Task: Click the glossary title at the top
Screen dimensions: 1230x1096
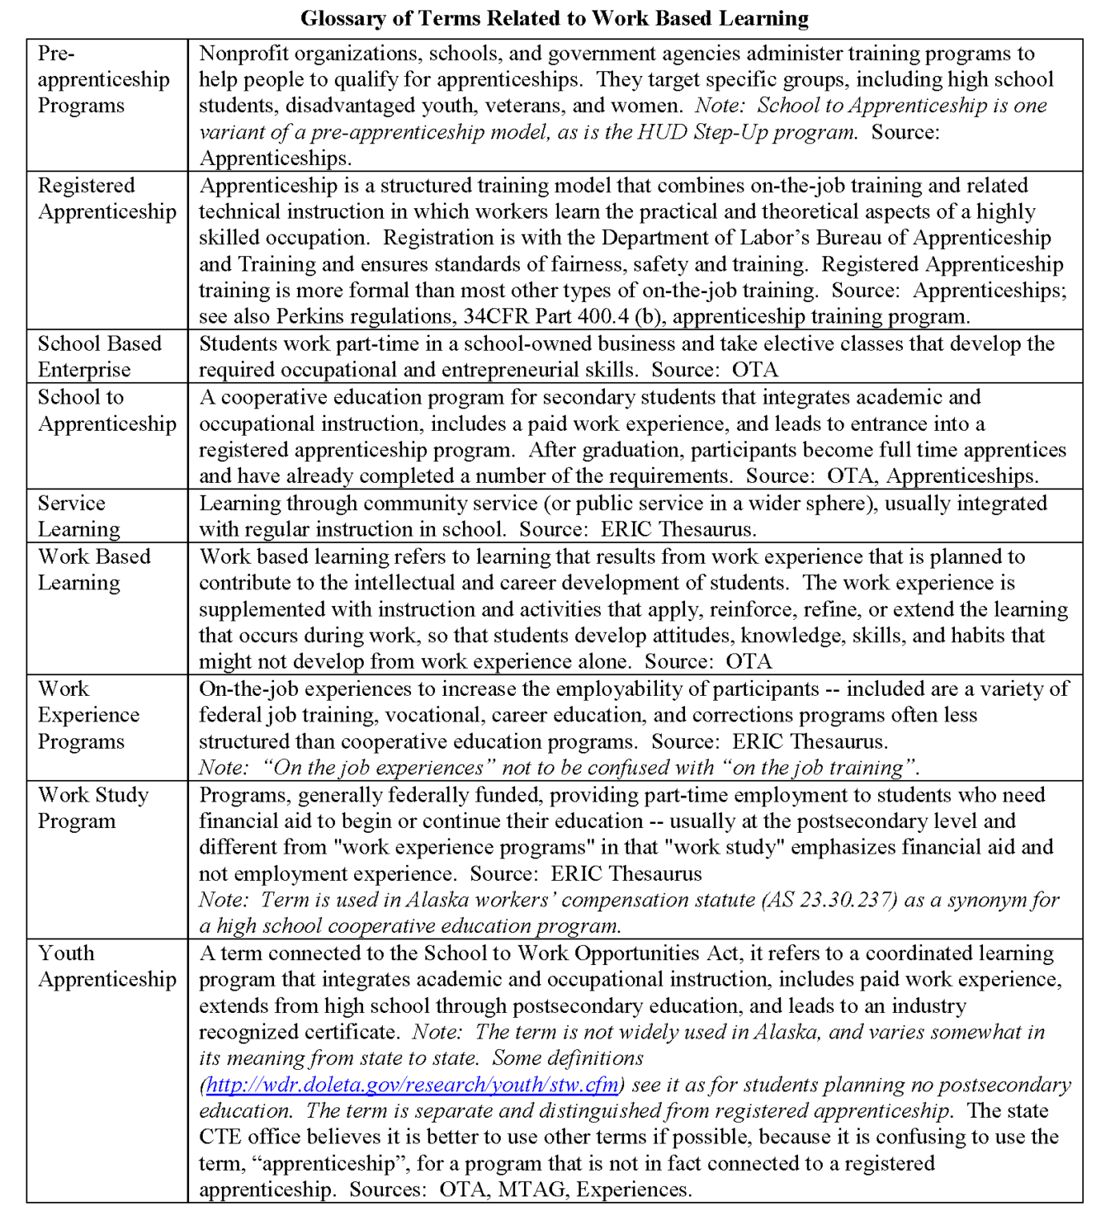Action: pos(554,18)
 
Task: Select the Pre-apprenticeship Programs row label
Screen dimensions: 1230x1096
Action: pos(103,79)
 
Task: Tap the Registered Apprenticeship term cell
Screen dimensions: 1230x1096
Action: pos(107,199)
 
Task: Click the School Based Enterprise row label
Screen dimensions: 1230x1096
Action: pos(99,356)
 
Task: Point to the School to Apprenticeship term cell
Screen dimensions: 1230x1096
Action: pos(107,410)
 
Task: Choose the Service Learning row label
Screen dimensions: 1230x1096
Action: pos(79,516)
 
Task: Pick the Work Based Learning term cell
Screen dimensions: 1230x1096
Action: pos(94,569)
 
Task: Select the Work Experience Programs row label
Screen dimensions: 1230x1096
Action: pos(88,714)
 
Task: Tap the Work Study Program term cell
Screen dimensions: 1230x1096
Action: pos(93,807)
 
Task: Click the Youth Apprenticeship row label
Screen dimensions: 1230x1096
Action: pos(107,966)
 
